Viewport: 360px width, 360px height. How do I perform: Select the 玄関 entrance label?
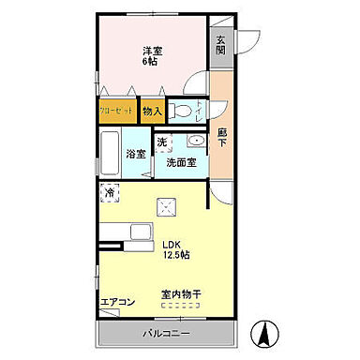tap(221, 46)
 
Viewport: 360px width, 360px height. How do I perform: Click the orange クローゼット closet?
tap(118, 111)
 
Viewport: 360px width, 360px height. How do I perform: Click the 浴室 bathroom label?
tap(136, 155)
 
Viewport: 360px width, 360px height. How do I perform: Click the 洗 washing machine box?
tap(162, 142)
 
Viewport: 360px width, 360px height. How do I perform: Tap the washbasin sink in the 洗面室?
tap(194, 142)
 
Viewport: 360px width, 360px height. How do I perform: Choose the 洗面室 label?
tap(181, 162)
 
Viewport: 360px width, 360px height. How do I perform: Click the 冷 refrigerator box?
tap(111, 194)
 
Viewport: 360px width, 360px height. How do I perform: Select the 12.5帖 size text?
tap(173, 255)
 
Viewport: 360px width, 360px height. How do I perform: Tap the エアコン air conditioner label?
tap(118, 302)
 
